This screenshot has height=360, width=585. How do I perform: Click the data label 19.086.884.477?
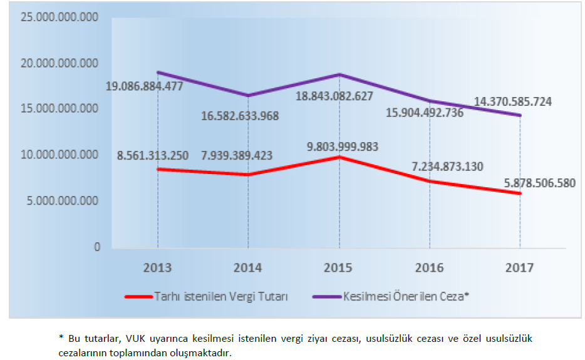pos(144,86)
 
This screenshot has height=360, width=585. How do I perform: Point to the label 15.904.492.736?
pos(419,113)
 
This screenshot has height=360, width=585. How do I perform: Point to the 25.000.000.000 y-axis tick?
pos(60,17)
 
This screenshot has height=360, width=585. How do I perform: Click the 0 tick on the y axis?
pos(97,247)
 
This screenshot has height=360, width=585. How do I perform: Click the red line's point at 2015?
pos(339,157)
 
